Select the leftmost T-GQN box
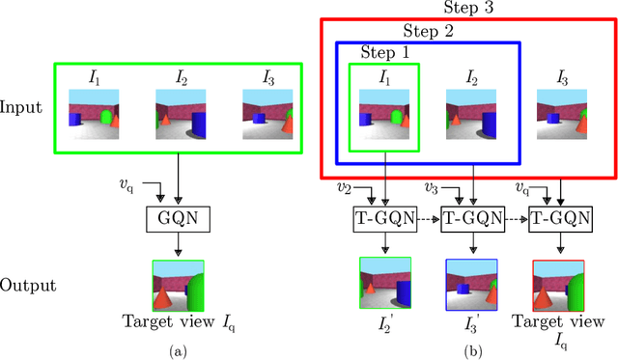pyautogui.click(x=385, y=218)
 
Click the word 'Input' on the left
pyautogui.click(x=22, y=106)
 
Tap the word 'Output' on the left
pyautogui.click(x=27, y=287)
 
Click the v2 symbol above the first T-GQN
pyautogui.click(x=344, y=186)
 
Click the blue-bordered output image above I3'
pyautogui.click(x=470, y=281)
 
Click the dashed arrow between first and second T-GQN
pyautogui.click(x=428, y=218)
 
